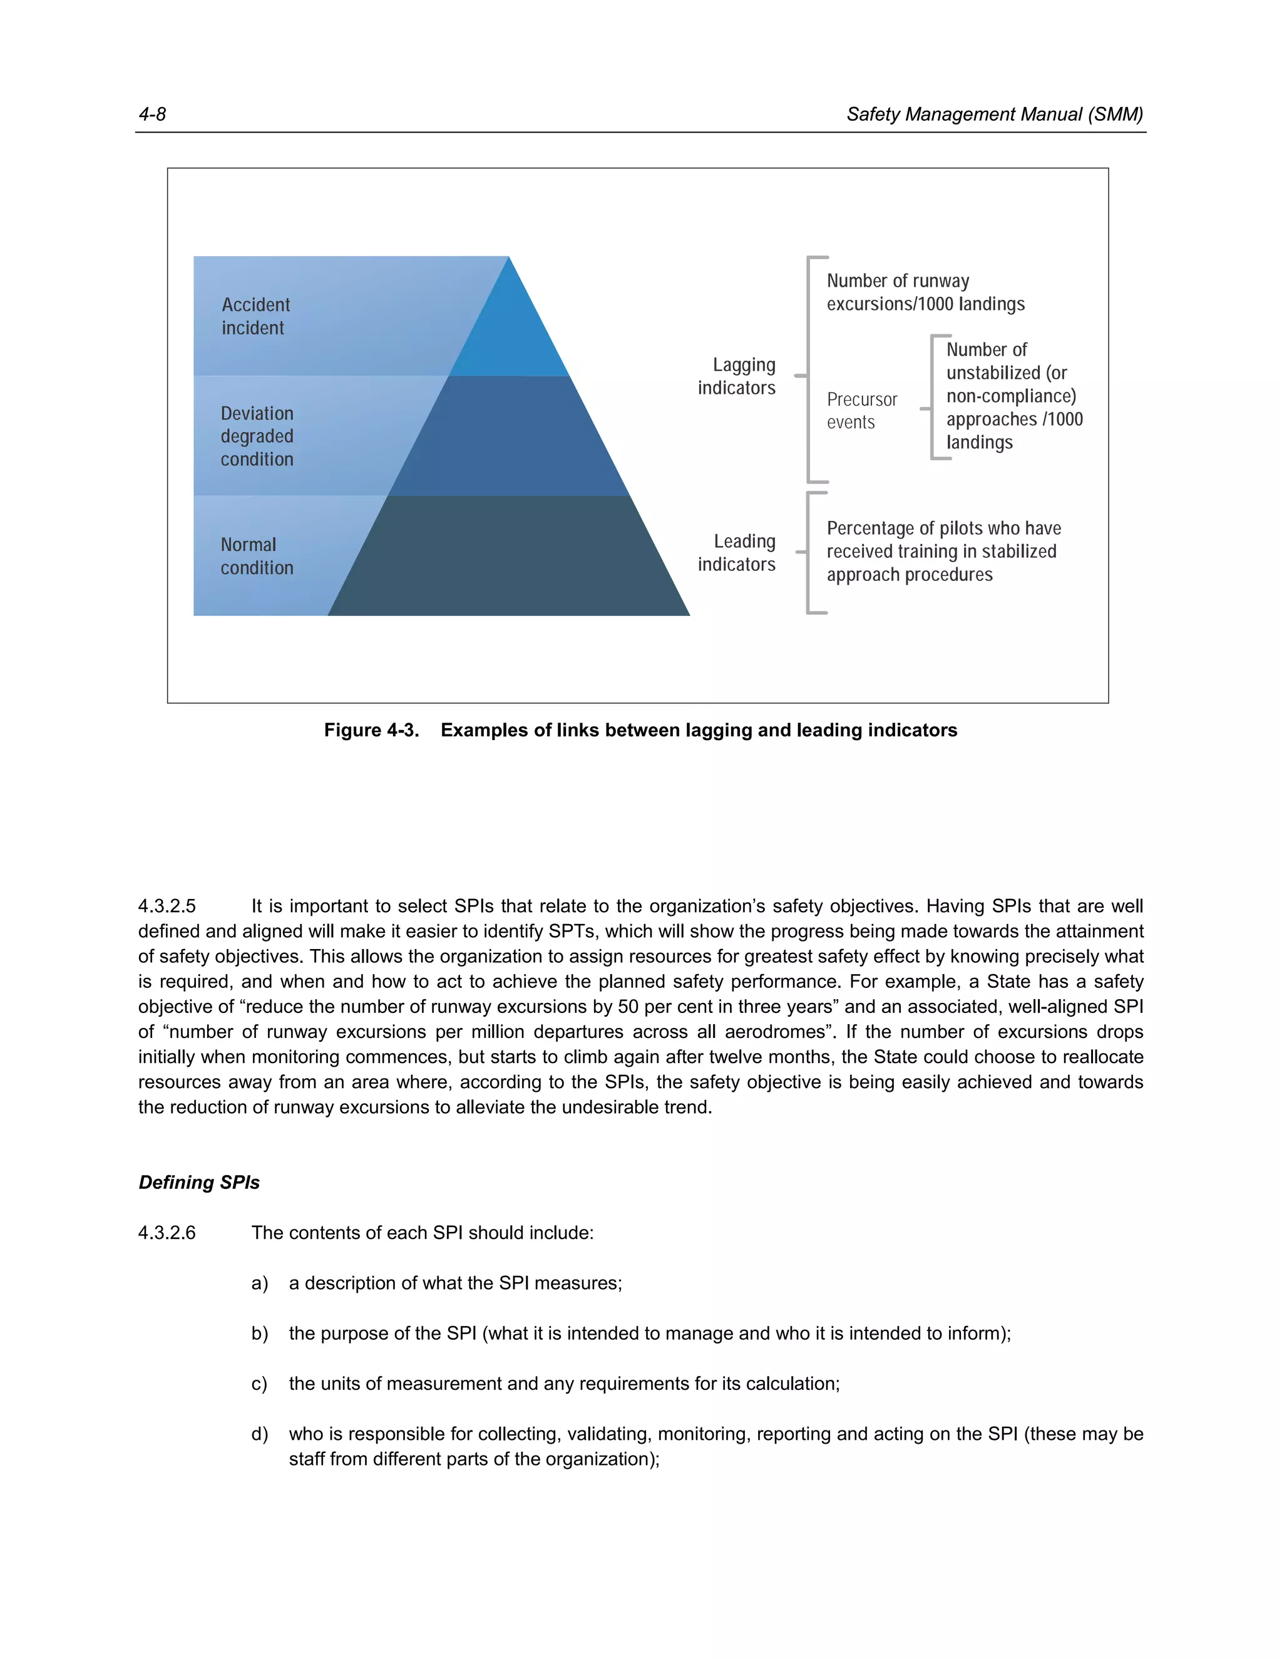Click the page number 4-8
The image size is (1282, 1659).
[152, 115]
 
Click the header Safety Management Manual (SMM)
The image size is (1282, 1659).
[993, 115]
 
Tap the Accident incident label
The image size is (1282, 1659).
[255, 316]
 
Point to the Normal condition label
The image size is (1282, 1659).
[256, 556]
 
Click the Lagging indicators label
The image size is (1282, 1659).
[736, 376]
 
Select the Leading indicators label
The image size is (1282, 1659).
[736, 552]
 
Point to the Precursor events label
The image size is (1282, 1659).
[861, 410]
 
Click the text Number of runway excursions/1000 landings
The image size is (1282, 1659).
[925, 292]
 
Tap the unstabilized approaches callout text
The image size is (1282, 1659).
[1013, 396]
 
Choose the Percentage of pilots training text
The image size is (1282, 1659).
[943, 551]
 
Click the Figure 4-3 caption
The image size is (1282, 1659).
[640, 730]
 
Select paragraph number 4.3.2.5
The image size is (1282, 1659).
[167, 907]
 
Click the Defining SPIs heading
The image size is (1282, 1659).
[199, 1182]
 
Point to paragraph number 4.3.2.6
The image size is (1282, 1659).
[167, 1232]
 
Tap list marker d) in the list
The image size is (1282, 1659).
[259, 1434]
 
